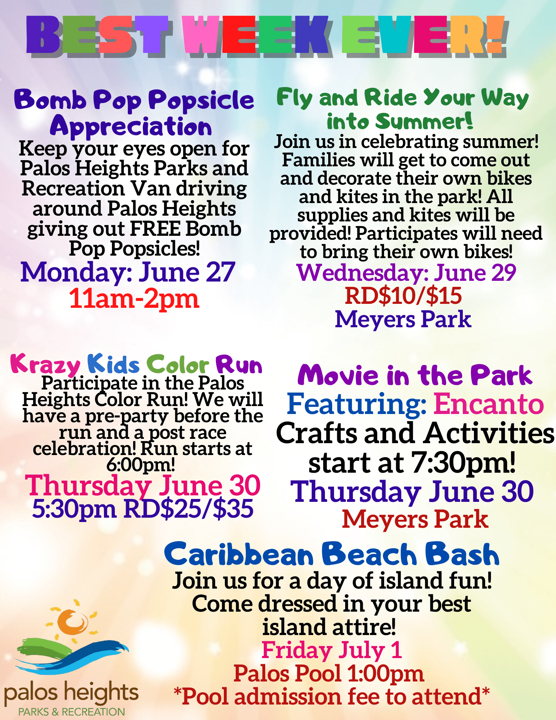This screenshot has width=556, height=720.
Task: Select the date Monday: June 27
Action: pos(128,272)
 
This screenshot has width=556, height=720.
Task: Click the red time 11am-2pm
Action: pos(134,299)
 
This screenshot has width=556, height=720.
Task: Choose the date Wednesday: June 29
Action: pos(406,273)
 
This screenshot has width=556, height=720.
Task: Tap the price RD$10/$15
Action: pos(403,296)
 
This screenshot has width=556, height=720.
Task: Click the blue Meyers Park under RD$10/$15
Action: pos(403,320)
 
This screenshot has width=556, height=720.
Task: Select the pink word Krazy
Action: pos(45,364)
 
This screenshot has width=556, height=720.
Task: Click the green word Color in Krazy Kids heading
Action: pos(177,364)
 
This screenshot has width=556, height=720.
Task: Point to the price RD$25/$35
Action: pos(188,509)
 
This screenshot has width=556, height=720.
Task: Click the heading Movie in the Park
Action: pos(415,375)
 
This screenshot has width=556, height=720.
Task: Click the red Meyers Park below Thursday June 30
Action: pos(415,519)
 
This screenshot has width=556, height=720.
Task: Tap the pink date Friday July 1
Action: pos(331,650)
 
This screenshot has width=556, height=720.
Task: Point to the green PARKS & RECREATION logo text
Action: pos(72,712)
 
